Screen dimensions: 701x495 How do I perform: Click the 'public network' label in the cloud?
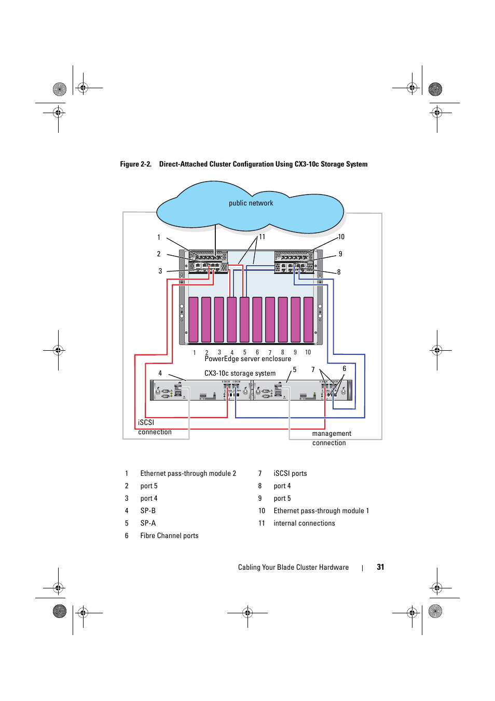click(251, 203)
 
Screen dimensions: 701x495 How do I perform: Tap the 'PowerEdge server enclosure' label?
click(247, 359)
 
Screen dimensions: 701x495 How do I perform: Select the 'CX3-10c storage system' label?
click(240, 374)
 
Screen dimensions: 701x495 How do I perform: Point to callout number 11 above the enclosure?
click(262, 237)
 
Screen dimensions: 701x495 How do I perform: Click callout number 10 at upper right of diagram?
click(341, 237)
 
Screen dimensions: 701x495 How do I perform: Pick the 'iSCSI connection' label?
click(154, 427)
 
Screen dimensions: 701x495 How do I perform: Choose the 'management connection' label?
click(332, 438)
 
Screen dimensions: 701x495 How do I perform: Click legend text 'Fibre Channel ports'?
click(169, 536)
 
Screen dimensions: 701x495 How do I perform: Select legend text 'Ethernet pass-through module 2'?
click(188, 474)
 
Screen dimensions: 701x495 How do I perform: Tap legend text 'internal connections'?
click(304, 524)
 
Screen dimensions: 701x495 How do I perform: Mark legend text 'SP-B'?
click(148, 511)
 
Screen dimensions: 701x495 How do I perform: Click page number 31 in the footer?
click(380, 567)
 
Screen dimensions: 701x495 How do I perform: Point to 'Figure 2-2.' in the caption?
click(135, 164)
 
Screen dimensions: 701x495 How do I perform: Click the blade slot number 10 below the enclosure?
click(308, 352)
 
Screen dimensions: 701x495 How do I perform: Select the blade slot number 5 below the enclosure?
click(245, 352)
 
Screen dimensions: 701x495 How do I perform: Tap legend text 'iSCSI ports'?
click(290, 474)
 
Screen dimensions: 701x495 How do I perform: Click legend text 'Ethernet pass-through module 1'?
click(321, 511)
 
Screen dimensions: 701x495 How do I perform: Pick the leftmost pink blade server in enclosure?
click(194, 320)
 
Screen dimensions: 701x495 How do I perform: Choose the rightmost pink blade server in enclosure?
click(308, 320)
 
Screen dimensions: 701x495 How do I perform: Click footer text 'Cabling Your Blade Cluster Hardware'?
click(293, 568)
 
